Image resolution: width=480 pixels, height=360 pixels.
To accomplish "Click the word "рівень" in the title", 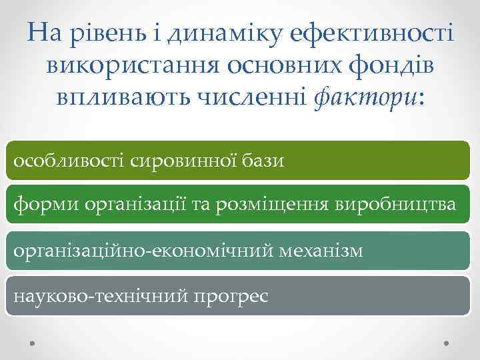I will pos(108,33).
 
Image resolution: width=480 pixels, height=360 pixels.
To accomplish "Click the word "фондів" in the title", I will pos(382,66).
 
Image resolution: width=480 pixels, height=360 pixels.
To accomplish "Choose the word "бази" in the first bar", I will pos(262,160).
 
